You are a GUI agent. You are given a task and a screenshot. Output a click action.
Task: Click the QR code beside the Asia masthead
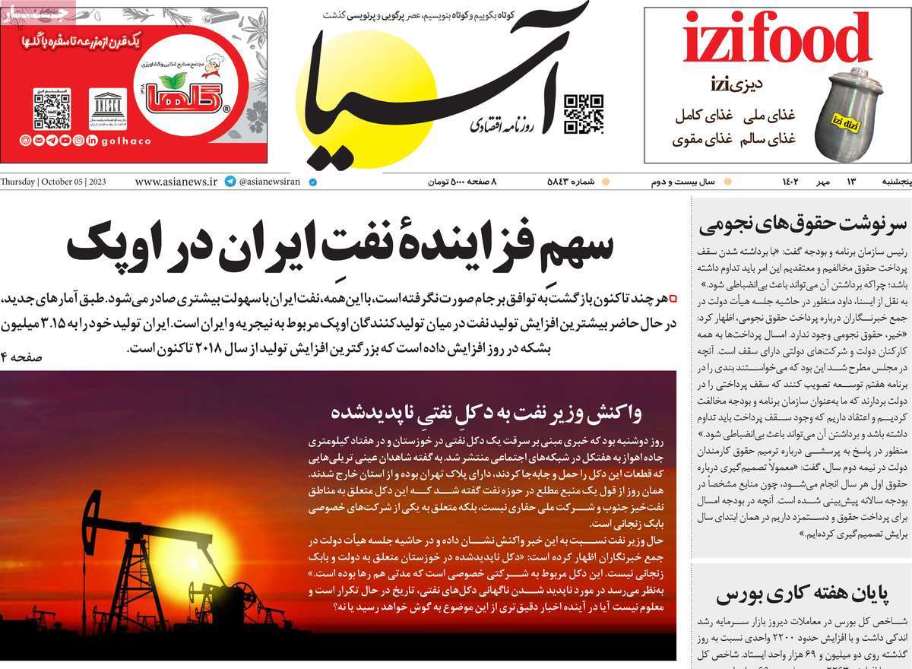pos(583,114)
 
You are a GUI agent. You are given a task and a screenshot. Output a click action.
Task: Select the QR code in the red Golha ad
pos(52,109)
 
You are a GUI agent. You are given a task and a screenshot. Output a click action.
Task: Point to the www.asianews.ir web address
pos(176,182)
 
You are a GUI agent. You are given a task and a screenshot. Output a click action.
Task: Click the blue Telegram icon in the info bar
pos(230,182)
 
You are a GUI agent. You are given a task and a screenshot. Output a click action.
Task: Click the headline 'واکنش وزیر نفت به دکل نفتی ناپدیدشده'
pos(486,413)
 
